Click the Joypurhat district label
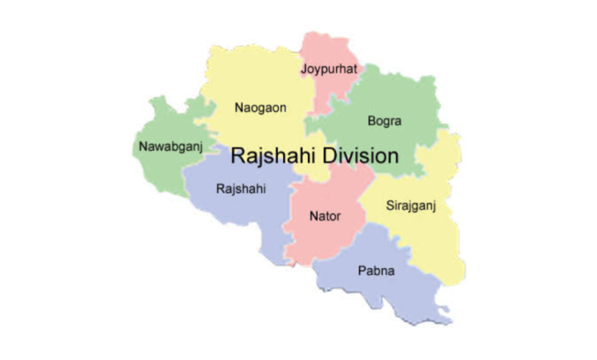[x=329, y=70]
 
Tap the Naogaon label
[x=260, y=108]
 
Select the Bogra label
[x=384, y=121]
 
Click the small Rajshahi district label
[x=241, y=188]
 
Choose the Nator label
[x=325, y=216]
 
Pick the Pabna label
[x=374, y=270]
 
